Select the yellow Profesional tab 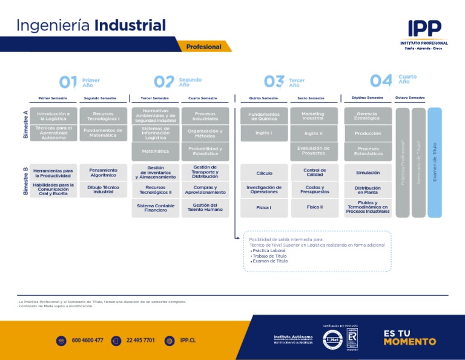pos(204,47)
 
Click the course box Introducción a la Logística pos(53,116)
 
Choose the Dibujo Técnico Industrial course pos(103,189)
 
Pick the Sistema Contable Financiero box pos(156,208)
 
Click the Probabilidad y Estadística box pos(205,151)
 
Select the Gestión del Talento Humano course pos(205,208)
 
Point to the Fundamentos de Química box pos(264,116)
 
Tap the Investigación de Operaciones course pos(264,190)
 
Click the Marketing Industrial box pos(314,116)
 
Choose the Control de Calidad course pos(314,173)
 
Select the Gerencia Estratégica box pos(368,116)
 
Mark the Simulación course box pos(368,173)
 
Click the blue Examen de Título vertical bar pos(435,162)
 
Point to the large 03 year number pos(274,81)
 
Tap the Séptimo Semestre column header pos(368,98)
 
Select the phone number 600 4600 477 pos(87,341)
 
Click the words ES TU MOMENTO pos(409,338)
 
